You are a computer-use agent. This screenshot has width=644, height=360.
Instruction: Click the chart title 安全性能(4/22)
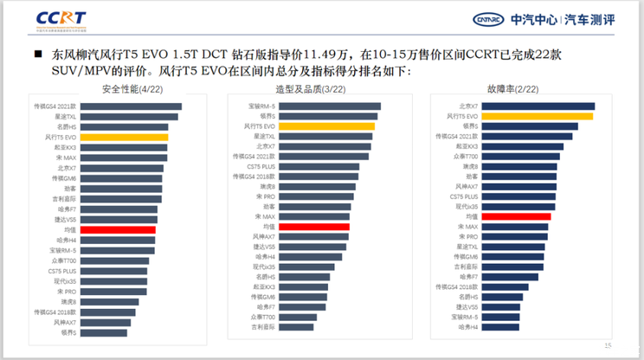coord(131,89)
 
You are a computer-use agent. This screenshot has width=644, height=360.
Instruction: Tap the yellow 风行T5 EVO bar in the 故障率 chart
coord(537,115)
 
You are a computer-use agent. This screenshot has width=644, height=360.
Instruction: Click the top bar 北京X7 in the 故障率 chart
coord(537,106)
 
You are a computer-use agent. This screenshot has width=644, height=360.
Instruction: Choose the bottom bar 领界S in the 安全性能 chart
coord(105,332)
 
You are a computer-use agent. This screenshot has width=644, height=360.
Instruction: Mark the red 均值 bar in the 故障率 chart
coord(516,216)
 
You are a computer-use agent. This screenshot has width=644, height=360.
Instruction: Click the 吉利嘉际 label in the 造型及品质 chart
coord(263,327)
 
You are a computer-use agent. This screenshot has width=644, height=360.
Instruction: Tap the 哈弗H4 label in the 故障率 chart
coord(467,327)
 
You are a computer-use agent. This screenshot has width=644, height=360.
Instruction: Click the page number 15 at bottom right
coord(608,346)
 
